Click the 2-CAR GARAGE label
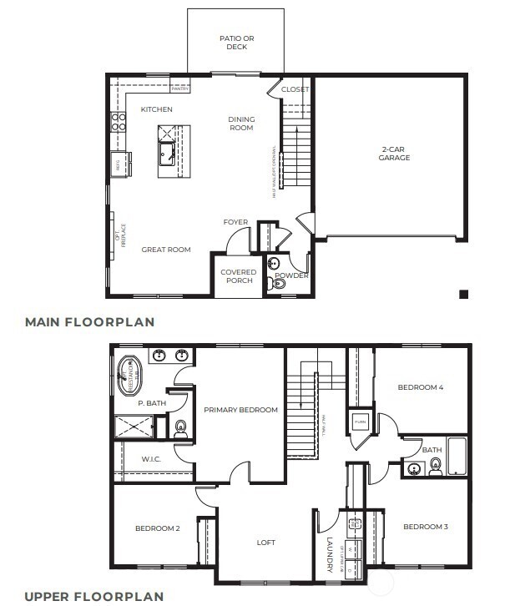click(394, 153)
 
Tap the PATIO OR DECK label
click(236, 43)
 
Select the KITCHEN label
click(156, 109)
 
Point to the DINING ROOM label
click(241, 124)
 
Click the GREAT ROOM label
click(165, 250)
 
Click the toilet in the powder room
click(279, 285)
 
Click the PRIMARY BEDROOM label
click(240, 410)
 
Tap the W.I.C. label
click(150, 458)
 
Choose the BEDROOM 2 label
click(157, 528)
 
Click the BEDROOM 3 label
click(426, 527)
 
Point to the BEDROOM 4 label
click(420, 387)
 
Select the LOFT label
click(265, 543)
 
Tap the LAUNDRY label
click(331, 553)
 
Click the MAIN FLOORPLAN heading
click(89, 321)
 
